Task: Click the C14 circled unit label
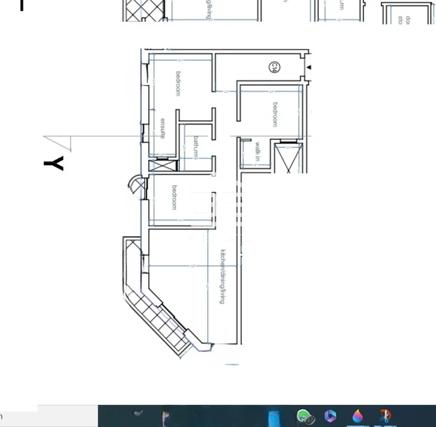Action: pos(274,68)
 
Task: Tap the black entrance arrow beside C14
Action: pos(309,68)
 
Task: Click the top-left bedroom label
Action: pos(178,83)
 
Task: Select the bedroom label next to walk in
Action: pos(275,114)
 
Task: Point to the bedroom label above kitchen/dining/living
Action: pos(174,197)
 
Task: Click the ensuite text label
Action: pos(163,128)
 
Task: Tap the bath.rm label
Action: pos(196,148)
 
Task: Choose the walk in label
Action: pos(257,152)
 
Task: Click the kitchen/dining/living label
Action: pos(223,276)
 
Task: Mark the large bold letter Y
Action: pos(54,163)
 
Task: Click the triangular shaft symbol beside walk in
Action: pos(289,157)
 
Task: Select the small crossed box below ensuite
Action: pos(163,165)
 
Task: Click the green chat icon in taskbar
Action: pos(305,416)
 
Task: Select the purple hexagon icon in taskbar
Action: pos(330,416)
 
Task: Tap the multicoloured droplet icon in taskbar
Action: pos(358,416)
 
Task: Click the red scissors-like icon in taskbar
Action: pos(384,416)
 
